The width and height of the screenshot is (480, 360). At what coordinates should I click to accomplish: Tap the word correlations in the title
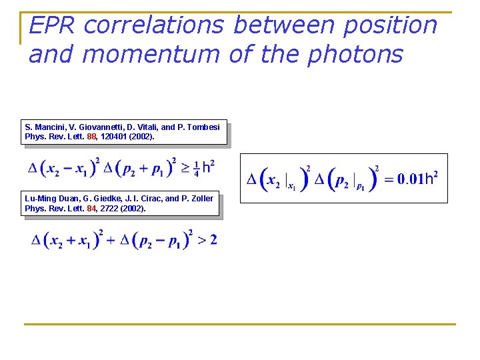coord(156,25)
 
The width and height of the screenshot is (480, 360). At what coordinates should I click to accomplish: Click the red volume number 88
coord(92,137)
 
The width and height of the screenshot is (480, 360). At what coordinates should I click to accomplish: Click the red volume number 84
coord(92,209)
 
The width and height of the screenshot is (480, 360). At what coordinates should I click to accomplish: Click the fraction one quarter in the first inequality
coord(197,168)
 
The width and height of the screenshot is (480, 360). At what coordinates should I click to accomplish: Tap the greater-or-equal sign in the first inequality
coord(185,168)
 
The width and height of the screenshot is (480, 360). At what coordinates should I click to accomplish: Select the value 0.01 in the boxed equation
coord(410,179)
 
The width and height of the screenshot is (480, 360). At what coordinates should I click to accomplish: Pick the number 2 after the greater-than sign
coord(213,240)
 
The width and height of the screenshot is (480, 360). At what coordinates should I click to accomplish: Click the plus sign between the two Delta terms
coord(109,240)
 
